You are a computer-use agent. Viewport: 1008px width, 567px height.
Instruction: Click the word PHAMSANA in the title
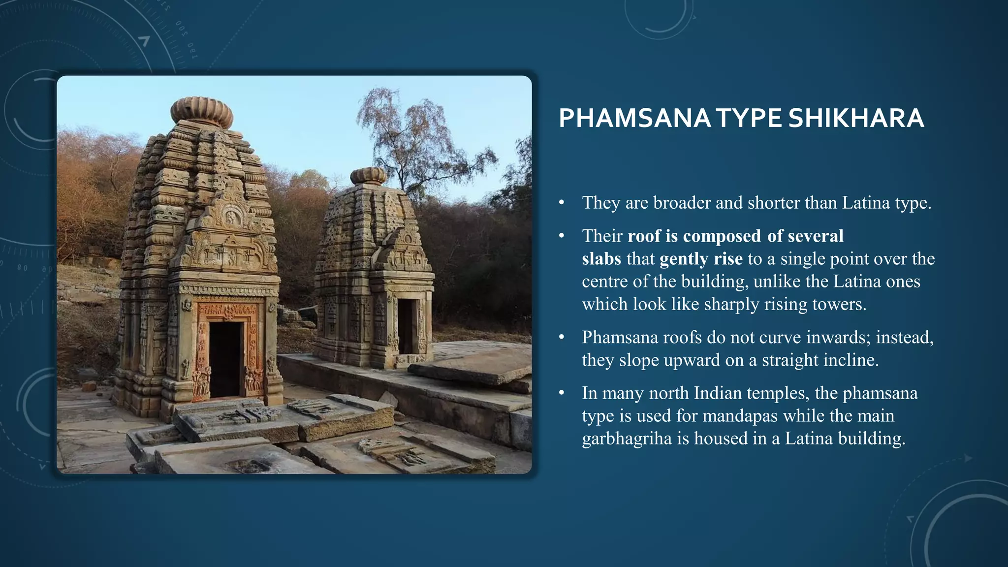coord(634,119)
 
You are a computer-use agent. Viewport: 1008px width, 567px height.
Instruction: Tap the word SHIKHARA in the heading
coord(856,119)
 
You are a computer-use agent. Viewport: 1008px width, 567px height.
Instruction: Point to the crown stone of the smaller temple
coord(369,176)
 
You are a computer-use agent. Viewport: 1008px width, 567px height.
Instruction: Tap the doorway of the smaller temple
coord(407,326)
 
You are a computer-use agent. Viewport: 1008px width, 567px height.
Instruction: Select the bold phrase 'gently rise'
coord(701,259)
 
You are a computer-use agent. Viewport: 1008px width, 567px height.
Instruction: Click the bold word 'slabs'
coord(601,259)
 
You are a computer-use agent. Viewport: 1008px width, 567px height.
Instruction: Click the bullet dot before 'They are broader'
coord(562,203)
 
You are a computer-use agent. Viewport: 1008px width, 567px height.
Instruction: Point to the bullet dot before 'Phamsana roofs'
coord(562,338)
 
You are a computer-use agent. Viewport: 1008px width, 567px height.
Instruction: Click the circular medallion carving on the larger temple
coord(231,216)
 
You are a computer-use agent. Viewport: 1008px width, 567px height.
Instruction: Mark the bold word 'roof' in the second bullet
coord(644,236)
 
